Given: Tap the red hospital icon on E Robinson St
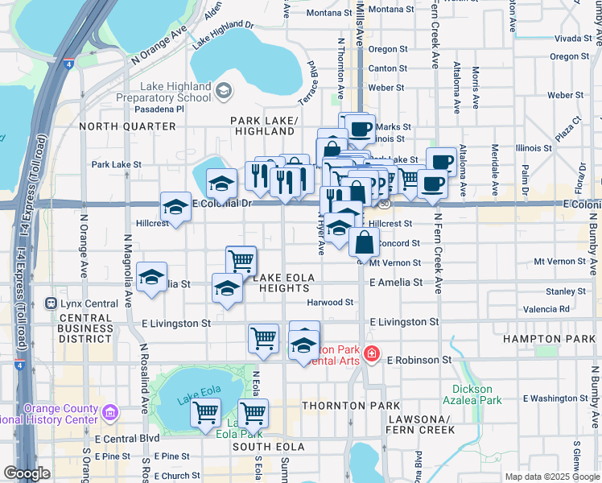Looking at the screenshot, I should (x=371, y=353).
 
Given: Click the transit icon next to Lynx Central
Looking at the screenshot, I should (x=52, y=303).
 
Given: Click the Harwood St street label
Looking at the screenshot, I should (x=330, y=303).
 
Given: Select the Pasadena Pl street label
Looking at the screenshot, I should (x=159, y=109).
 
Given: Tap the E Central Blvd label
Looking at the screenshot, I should (x=127, y=439).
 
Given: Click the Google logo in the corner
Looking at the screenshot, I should (x=27, y=474).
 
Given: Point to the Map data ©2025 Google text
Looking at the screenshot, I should (x=551, y=477).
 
